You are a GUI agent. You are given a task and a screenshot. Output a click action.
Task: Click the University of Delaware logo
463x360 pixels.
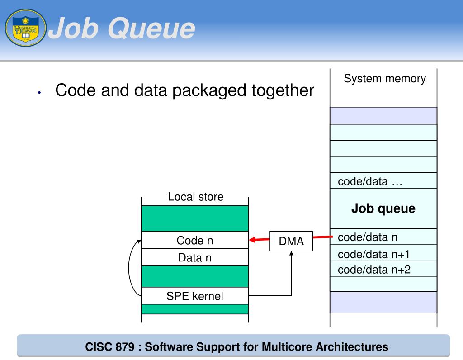point(25,28)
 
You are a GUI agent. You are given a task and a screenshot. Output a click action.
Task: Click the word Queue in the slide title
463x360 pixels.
point(151,28)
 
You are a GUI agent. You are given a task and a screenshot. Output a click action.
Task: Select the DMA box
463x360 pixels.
point(291,241)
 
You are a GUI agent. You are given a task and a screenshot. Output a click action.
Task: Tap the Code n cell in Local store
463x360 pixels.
point(195,241)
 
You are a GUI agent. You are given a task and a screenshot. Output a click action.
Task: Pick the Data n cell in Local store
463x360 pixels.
point(195,258)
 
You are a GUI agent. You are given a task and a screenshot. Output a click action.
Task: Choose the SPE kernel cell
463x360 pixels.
point(195,296)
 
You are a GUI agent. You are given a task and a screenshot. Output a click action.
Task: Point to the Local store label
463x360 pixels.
point(195,197)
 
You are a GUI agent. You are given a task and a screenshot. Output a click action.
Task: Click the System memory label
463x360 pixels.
point(385,79)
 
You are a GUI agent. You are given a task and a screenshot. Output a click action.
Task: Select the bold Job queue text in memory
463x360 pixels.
point(383,208)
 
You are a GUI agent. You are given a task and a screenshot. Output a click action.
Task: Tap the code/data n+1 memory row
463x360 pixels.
point(373,254)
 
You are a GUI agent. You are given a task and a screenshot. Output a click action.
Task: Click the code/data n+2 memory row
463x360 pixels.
point(374,270)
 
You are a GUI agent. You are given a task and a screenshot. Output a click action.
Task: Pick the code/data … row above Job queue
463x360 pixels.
point(370,181)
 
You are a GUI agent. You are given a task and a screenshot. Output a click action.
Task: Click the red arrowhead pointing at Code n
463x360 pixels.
point(253,240)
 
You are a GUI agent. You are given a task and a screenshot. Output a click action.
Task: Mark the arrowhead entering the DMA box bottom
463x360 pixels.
point(291,254)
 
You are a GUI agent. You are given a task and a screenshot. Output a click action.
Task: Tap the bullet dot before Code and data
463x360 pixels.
point(40,92)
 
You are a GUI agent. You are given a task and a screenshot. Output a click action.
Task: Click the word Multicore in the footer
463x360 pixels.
point(286,347)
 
